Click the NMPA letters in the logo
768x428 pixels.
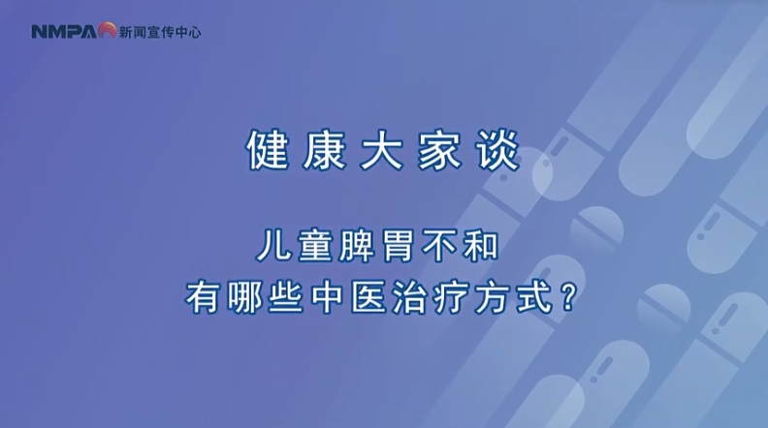click(x=65, y=32)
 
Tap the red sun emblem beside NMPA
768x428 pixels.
click(x=107, y=30)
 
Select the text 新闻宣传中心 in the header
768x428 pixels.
click(x=160, y=32)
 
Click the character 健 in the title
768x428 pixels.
click(x=268, y=150)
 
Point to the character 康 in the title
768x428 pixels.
click(x=324, y=150)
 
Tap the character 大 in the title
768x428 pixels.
click(x=381, y=150)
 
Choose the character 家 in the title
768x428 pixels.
click(x=439, y=150)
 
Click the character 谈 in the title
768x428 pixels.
click(x=497, y=150)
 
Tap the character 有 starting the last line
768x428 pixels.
click(x=202, y=297)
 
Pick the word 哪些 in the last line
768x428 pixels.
click(x=265, y=297)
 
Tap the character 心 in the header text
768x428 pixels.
click(x=195, y=32)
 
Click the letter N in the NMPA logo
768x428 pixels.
click(x=39, y=32)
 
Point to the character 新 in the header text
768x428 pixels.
click(x=125, y=32)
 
